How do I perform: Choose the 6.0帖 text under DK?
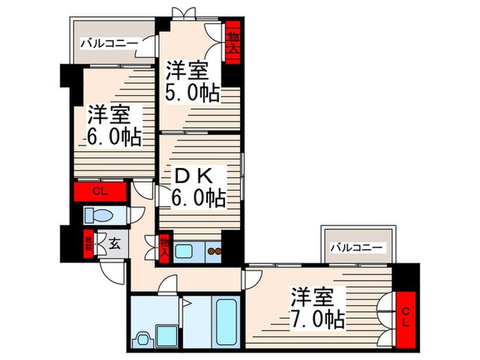point(199,199)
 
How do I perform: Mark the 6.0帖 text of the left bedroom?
point(114,136)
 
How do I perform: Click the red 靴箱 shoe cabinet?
point(88,244)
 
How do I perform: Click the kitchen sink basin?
point(184,251)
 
